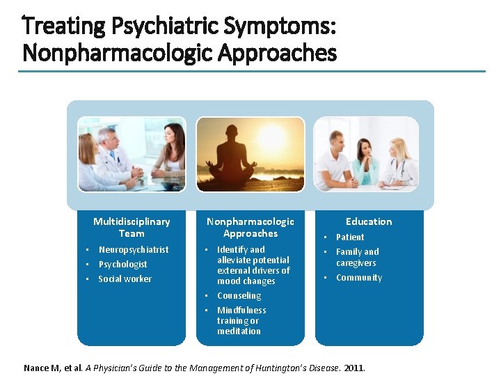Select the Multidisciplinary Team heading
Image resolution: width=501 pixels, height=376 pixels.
(x=132, y=227)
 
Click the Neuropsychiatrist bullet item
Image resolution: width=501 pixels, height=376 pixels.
(x=134, y=249)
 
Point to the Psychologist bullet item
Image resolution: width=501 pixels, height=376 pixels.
(x=122, y=264)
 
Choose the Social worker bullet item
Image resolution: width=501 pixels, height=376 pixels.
(x=125, y=279)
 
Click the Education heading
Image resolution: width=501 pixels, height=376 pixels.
(x=369, y=221)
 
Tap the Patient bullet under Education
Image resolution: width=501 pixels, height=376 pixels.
(x=350, y=237)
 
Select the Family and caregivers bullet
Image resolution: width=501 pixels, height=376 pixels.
(x=358, y=257)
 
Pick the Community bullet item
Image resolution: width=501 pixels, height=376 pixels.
(x=359, y=277)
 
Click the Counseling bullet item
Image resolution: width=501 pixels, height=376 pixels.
(x=239, y=295)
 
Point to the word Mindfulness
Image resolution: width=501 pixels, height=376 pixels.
(x=241, y=310)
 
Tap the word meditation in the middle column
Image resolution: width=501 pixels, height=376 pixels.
(x=239, y=331)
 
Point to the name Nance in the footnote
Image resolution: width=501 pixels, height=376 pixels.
(x=36, y=368)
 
